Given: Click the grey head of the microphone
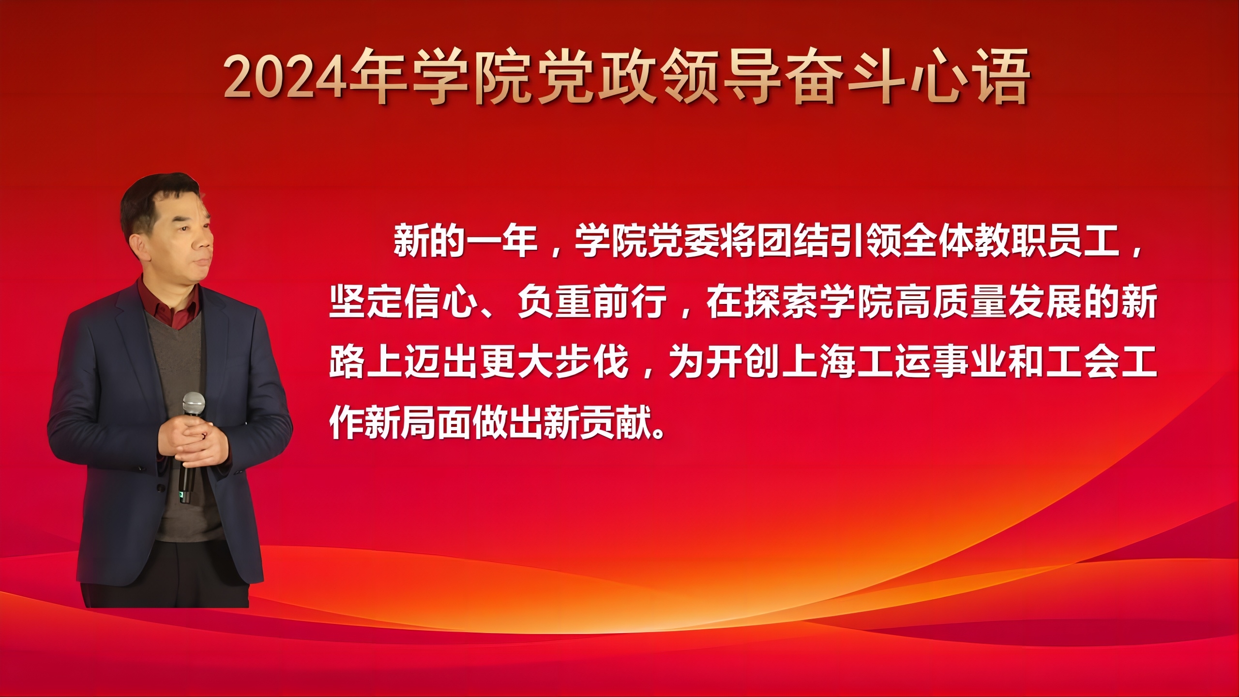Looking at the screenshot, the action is [194, 403].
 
